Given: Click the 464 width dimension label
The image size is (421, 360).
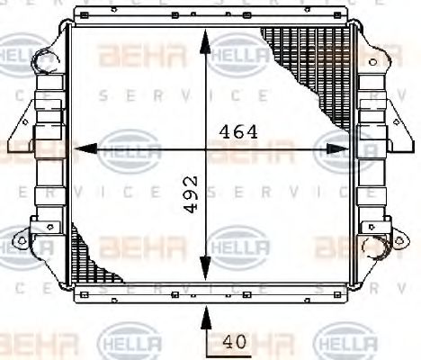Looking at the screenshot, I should pyautogui.click(x=238, y=131).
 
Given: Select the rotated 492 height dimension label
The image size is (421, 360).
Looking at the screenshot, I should pyautogui.click(x=190, y=193).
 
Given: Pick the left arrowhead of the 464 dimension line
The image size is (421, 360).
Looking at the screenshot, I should pyautogui.click(x=79, y=148).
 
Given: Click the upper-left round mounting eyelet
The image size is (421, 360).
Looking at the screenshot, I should pyautogui.click(x=42, y=62).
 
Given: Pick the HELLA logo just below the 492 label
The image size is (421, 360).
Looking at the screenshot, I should pyautogui.click(x=237, y=244).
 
